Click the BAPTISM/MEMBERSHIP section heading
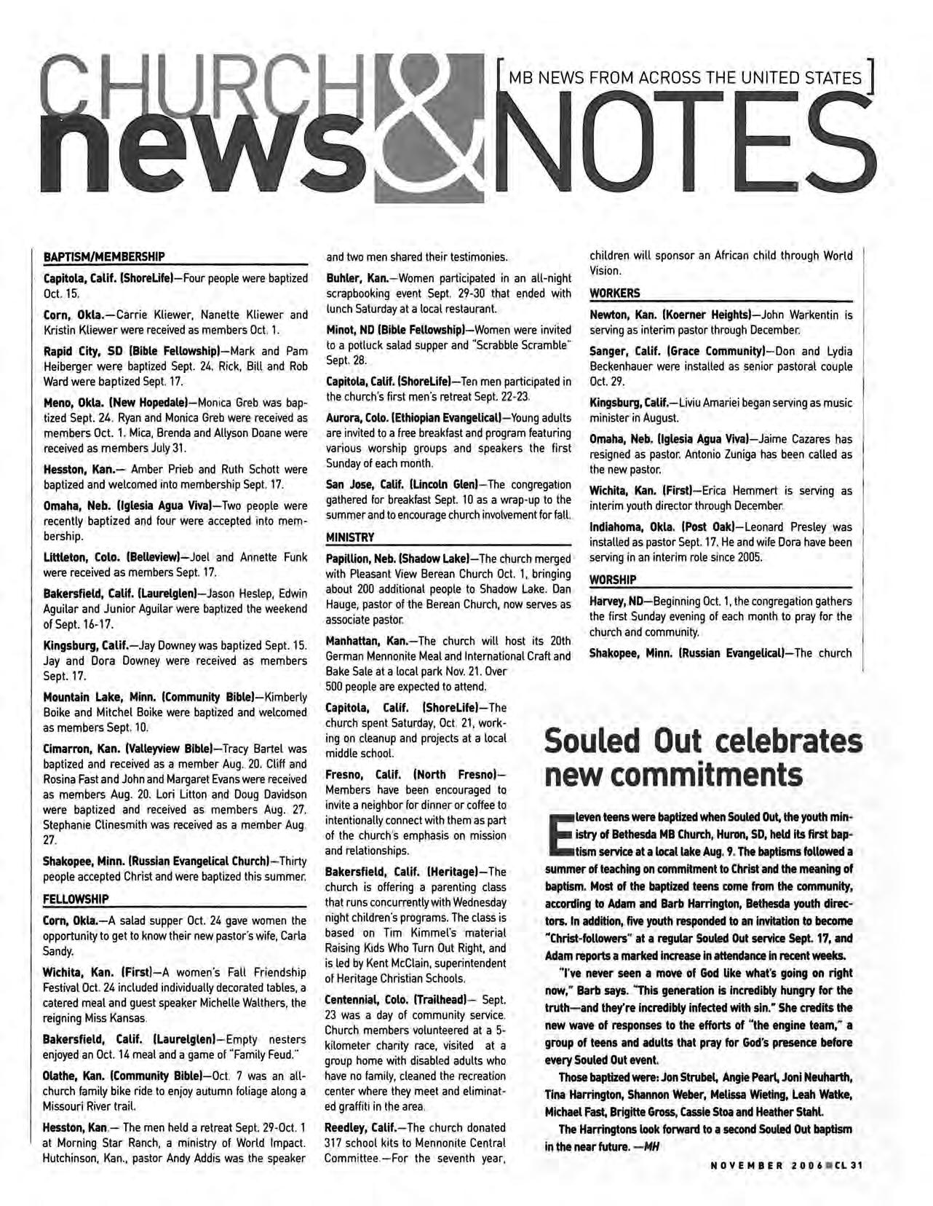pyautogui.click(x=104, y=256)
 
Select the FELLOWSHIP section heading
pyautogui.click(x=76, y=898)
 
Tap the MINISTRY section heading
pyautogui.click(x=349, y=537)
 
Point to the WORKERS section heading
pyautogui.click(x=615, y=293)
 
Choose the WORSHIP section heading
pyautogui.click(x=613, y=580)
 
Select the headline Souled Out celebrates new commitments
pyautogui.click(x=703, y=757)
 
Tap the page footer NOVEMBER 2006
pyautogui.click(x=764, y=1164)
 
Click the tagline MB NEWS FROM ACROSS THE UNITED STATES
pyautogui.click(x=685, y=77)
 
